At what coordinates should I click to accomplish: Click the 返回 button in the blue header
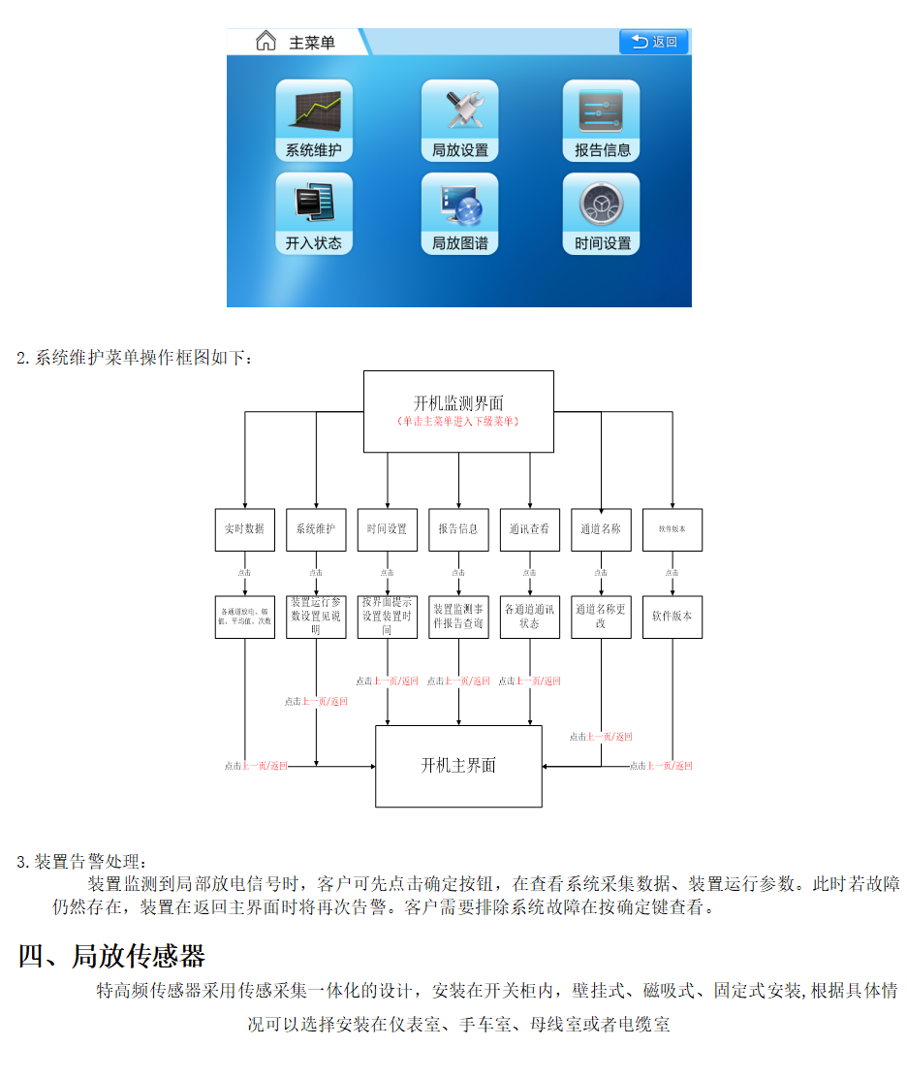654,42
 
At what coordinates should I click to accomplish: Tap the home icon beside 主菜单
266,42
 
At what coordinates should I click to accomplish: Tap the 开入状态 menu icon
314,214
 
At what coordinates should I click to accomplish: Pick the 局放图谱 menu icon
459,214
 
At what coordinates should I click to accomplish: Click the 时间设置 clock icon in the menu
602,214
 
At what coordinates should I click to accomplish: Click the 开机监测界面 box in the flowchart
458,411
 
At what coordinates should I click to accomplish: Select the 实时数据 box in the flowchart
244,529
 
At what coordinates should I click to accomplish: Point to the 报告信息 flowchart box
458,529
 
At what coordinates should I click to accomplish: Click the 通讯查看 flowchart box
529,529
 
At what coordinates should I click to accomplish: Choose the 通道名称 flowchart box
601,529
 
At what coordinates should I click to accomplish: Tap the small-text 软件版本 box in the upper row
672,529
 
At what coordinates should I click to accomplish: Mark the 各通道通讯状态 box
529,617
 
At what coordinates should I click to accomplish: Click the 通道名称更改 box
601,617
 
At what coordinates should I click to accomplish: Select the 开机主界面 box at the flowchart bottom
458,766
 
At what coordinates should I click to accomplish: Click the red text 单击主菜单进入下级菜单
458,422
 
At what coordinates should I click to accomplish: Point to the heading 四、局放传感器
111,957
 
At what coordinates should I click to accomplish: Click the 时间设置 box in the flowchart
387,529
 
